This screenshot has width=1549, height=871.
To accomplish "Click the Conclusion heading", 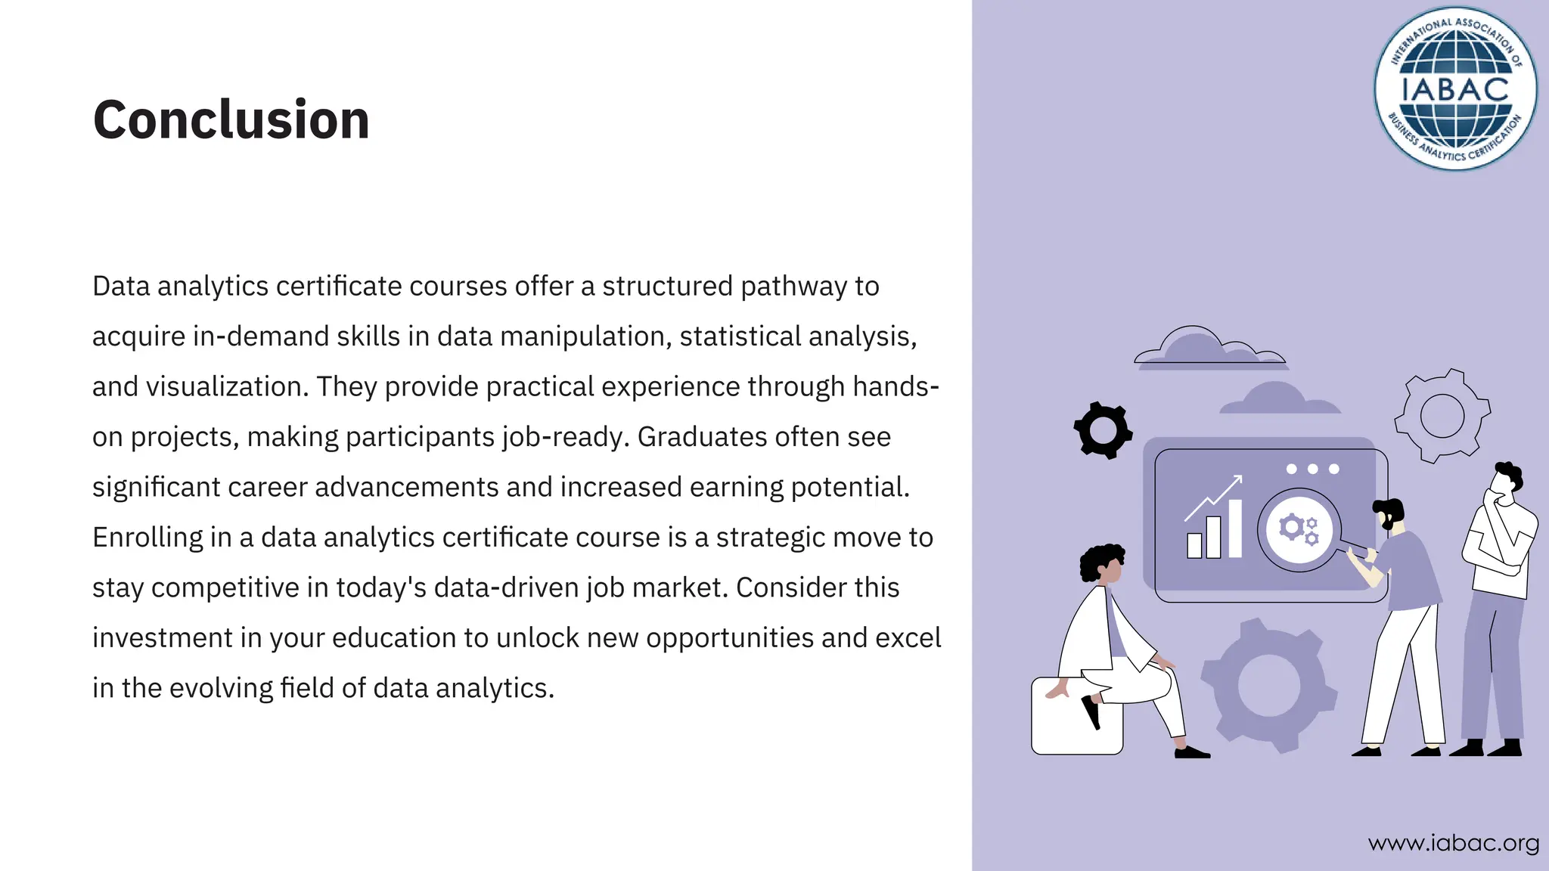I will point(231,119).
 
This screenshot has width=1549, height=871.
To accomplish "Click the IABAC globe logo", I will point(1455,89).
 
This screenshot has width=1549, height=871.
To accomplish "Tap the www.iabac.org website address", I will point(1454,842).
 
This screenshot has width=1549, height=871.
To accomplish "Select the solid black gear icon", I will point(1103,430).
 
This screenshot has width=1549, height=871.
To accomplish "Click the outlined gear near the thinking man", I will point(1442,416).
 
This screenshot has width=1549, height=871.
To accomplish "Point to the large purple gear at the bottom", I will point(1268,685).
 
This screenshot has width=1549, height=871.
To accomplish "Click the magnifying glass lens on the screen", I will point(1299,529).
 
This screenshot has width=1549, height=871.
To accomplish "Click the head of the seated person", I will point(1104,563).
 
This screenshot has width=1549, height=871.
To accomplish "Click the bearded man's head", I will point(1389,514).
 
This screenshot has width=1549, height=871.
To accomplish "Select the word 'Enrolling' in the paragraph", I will point(147,538).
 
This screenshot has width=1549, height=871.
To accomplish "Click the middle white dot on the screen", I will point(1312,469).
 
